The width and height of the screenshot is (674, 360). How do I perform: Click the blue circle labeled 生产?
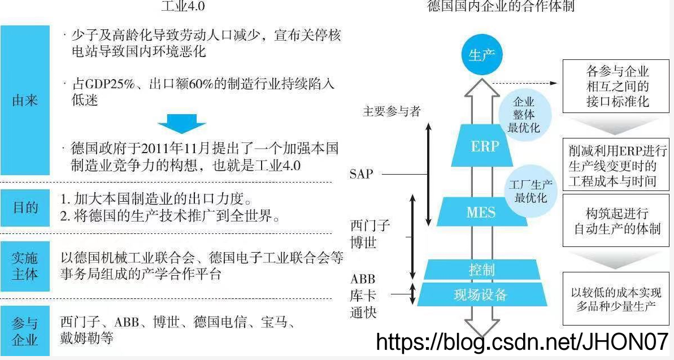click(x=482, y=55)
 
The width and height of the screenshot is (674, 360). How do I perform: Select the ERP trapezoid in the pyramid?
click(x=485, y=146)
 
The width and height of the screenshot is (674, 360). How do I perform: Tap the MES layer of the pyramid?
click(x=481, y=212)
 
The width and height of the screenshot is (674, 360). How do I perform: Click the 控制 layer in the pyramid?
click(x=481, y=269)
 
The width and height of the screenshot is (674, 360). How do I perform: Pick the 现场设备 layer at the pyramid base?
click(x=481, y=294)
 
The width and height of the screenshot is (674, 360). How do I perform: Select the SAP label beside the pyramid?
click(x=362, y=174)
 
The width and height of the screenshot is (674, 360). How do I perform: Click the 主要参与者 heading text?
click(x=392, y=111)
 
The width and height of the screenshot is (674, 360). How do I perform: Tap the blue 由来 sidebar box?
click(x=25, y=101)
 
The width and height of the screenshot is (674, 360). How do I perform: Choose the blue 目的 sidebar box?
click(x=25, y=208)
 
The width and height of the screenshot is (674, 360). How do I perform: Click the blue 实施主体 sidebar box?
click(x=25, y=266)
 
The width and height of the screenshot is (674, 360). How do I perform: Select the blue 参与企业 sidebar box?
click(x=25, y=331)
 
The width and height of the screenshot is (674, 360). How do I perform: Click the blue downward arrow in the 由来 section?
click(x=181, y=124)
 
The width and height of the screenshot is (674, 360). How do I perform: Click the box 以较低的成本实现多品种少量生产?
click(x=616, y=299)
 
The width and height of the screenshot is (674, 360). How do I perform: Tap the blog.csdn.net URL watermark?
click(x=522, y=342)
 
